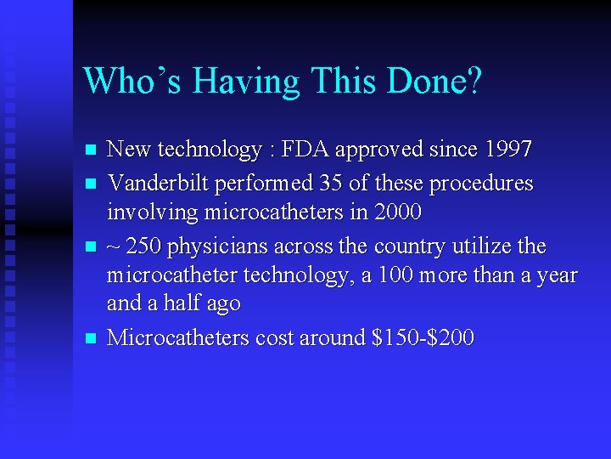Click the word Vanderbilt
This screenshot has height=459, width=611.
point(159,183)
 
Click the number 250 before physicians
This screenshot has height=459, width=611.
point(145,246)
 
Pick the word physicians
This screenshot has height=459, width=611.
point(216,246)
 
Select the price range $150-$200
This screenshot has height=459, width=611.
point(423,338)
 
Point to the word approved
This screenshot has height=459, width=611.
point(369,151)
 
